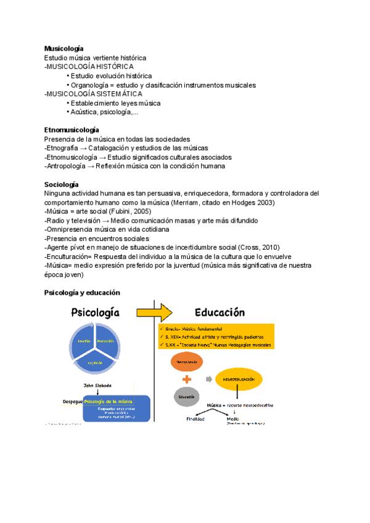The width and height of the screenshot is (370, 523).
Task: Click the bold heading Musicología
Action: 64,48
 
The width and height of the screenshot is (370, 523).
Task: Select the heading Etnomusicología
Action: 72,130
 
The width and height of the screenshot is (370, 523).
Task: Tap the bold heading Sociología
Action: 62,184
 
